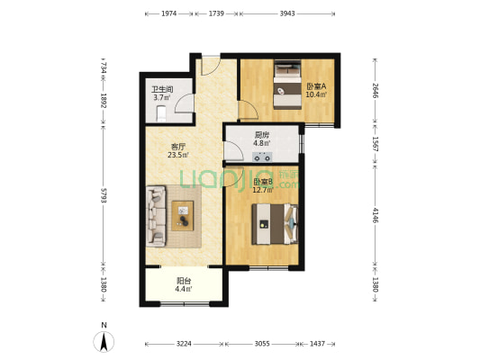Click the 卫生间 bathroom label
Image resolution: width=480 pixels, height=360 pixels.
[162, 89]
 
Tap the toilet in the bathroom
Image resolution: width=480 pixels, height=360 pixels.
[161, 113]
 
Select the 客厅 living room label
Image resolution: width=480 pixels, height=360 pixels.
[177, 147]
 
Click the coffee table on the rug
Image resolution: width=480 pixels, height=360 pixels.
[183, 216]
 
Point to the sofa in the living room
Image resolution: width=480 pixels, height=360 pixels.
[156, 216]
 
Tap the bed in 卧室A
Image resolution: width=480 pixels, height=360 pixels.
[287, 85]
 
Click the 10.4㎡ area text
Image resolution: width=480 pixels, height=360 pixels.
[316, 94]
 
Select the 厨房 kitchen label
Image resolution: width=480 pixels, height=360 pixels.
[262, 135]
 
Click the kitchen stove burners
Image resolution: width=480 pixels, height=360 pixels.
[262, 157]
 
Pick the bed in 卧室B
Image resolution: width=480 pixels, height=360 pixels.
[275, 224]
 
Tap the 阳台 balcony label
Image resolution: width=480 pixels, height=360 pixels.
[184, 281]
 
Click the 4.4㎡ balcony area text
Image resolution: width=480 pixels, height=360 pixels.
[184, 289]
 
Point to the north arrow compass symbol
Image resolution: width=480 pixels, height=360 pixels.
[104, 341]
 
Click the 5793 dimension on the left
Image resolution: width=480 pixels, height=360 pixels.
[104, 196]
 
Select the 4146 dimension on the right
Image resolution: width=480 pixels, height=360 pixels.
[376, 215]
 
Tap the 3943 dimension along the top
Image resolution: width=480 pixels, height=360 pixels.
[287, 13]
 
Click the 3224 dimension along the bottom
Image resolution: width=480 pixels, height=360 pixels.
[184, 344]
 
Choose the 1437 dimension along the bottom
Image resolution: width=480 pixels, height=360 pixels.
[317, 344]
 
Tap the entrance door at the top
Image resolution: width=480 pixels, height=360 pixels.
[211, 66]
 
